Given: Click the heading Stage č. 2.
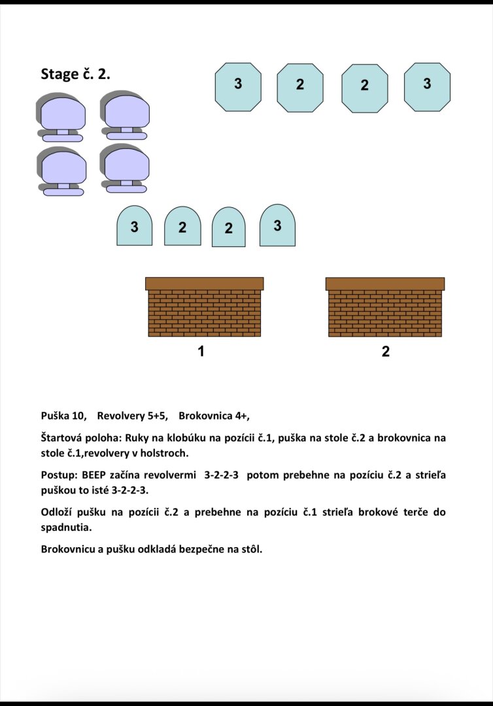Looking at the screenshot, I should [75, 74].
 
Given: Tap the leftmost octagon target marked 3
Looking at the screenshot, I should [238, 87].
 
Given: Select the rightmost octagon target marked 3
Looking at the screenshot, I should [427, 87].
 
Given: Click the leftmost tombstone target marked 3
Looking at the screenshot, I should [134, 226].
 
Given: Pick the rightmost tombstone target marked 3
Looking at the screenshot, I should [277, 225].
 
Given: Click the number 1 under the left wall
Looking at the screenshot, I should [201, 351].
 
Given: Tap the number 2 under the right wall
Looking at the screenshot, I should [385, 351].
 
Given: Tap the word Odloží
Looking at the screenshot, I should [58, 512].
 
